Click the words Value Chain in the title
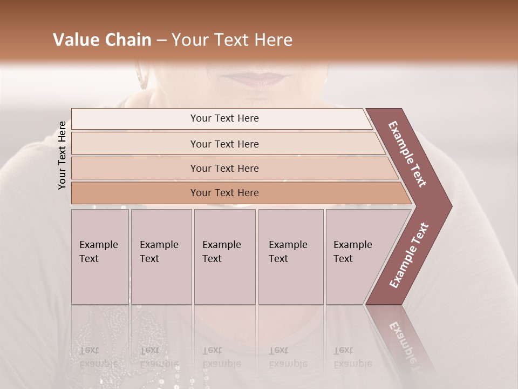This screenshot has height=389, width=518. coord(102,40)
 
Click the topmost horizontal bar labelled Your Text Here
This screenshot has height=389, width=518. coord(224,118)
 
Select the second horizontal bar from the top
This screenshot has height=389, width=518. coord(224,144)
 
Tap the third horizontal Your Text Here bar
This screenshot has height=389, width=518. coord(224,168)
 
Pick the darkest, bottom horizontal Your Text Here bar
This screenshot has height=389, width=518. coord(224,193)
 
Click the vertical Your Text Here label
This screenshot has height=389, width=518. coord(62,155)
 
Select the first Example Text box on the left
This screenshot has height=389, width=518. coord(100,257)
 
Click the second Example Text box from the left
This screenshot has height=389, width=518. coord(161,257)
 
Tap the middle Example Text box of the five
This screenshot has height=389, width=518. coord(224,257)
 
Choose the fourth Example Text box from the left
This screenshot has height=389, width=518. coord(291,257)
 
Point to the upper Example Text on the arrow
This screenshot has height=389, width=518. coord(407,154)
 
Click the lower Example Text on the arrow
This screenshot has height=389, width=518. coord(408,256)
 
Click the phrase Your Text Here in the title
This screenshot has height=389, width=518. coord(232,40)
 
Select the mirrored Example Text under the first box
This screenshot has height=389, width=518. coord(99,357)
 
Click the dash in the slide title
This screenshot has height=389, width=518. coord(161,41)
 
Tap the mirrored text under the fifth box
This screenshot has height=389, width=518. coord(352,357)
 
